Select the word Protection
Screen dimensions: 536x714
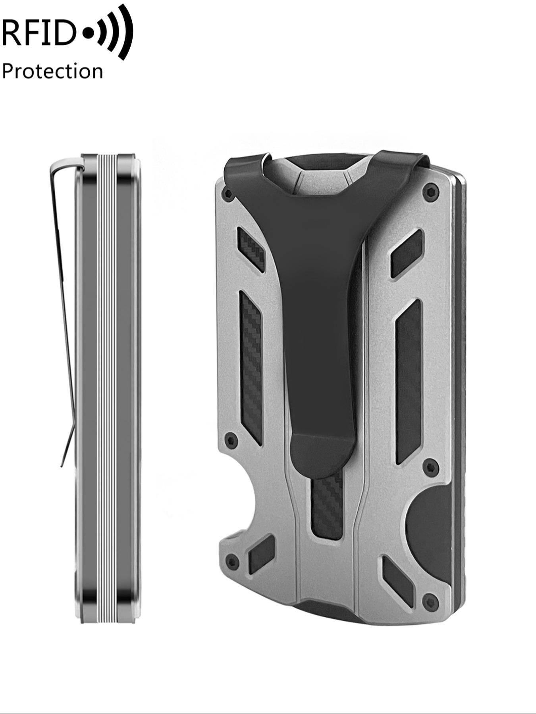[x=52, y=72]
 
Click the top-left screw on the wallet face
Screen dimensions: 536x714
[x=228, y=193]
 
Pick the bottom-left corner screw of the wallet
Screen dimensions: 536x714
[x=231, y=562]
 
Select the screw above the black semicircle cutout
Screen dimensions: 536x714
[x=430, y=466]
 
